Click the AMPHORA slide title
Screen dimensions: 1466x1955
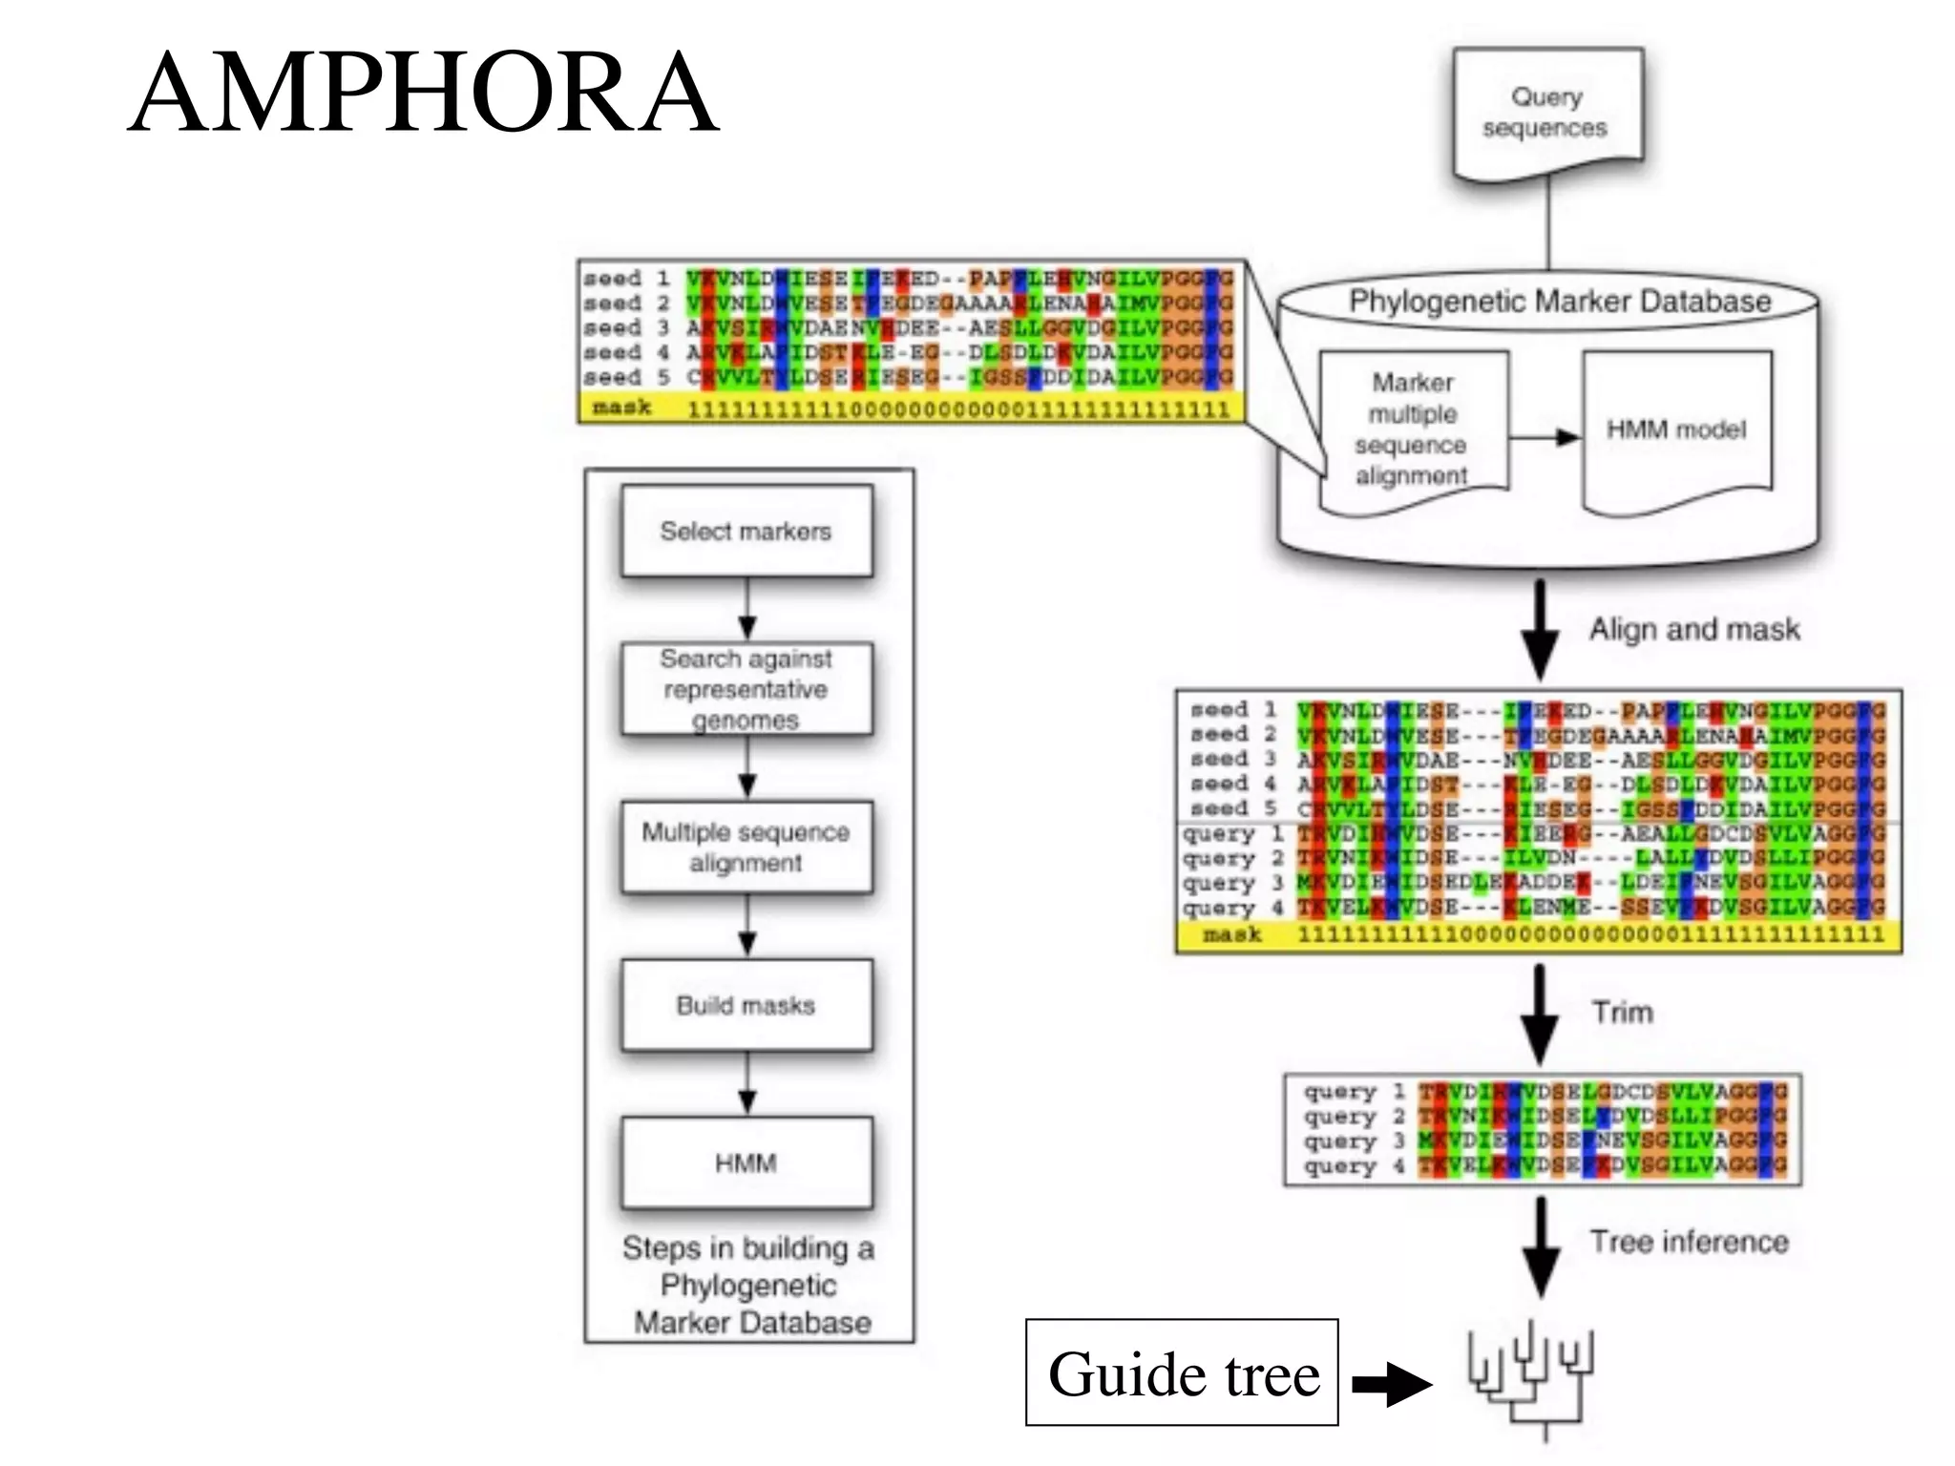point(423,93)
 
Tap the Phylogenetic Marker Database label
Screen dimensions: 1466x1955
point(1559,302)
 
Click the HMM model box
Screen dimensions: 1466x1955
point(1676,429)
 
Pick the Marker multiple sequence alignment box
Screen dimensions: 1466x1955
point(1413,429)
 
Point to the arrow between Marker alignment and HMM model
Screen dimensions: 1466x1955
point(1545,437)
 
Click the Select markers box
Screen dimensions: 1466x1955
point(746,531)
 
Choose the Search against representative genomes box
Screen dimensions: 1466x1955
point(746,688)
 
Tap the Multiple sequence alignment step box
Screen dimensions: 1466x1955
point(746,847)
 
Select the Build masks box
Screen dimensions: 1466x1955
point(746,1005)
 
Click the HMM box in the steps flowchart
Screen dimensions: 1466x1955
point(746,1162)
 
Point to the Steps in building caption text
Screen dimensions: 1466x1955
point(749,1285)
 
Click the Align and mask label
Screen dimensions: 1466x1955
point(1693,629)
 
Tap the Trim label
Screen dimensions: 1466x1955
point(1622,1012)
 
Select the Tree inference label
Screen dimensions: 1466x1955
point(1688,1242)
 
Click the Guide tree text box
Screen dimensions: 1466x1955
point(1182,1372)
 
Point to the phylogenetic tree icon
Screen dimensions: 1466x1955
point(1531,1380)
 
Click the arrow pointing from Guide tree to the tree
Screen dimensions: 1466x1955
point(1392,1383)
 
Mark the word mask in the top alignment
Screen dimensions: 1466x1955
point(621,408)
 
